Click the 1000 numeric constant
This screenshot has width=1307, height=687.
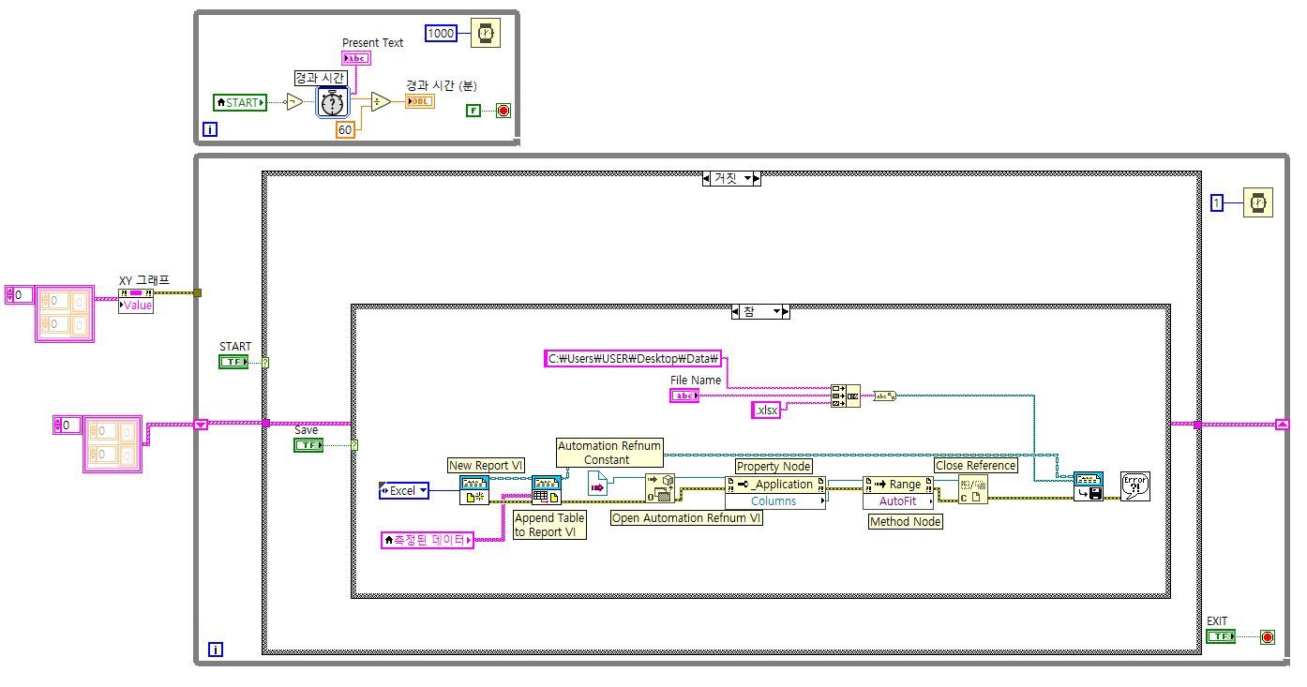click(441, 34)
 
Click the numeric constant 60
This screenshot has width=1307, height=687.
click(345, 130)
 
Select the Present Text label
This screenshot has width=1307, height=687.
click(372, 43)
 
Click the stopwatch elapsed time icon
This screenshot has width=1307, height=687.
click(333, 101)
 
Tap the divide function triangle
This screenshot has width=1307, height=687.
click(380, 101)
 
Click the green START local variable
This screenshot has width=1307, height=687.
click(240, 102)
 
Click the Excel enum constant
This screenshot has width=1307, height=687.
click(404, 490)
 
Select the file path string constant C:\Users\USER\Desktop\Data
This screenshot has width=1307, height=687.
click(634, 358)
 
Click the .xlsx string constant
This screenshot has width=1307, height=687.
click(766, 410)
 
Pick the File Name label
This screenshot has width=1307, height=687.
click(696, 380)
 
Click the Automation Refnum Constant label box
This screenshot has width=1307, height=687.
click(609, 453)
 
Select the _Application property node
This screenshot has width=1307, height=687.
click(774, 484)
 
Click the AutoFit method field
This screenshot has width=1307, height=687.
click(898, 501)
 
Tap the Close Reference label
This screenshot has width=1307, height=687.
click(976, 465)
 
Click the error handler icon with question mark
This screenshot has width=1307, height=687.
click(1134, 485)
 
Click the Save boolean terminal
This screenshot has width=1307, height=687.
click(308, 445)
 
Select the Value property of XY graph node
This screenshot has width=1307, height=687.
click(136, 306)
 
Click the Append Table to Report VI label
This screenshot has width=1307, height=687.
click(549, 525)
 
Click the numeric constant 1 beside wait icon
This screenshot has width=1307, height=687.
click(1217, 202)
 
